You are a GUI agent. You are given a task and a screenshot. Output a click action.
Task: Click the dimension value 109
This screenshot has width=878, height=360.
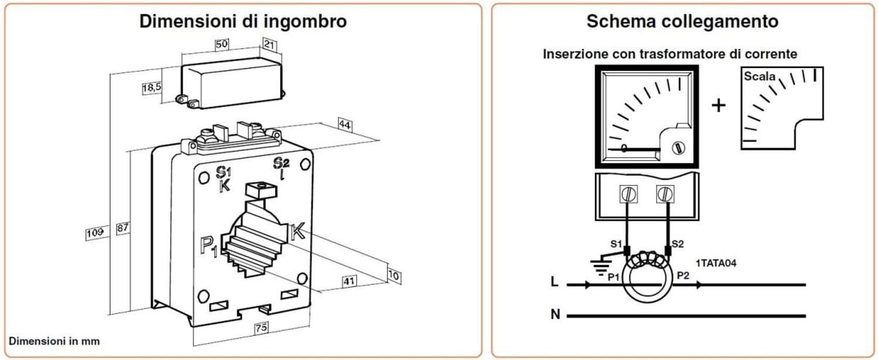pyautogui.click(x=95, y=232)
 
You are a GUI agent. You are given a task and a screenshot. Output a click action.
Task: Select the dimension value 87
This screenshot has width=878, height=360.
pyautogui.click(x=122, y=229)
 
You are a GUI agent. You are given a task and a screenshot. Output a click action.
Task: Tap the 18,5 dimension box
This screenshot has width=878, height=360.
pyautogui.click(x=151, y=88)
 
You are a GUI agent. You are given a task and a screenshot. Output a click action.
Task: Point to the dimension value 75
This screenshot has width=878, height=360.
pyautogui.click(x=260, y=329)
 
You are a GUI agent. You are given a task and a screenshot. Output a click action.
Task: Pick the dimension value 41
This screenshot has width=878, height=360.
pyautogui.click(x=349, y=282)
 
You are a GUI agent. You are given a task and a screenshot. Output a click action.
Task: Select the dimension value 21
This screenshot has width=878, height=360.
pyautogui.click(x=270, y=44)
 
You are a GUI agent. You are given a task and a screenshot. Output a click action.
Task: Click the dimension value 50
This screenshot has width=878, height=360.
pyautogui.click(x=221, y=44)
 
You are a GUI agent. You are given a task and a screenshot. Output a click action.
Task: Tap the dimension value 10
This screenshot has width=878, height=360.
pyautogui.click(x=394, y=275)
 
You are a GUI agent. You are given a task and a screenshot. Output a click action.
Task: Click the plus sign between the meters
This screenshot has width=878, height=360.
pyautogui.click(x=718, y=105)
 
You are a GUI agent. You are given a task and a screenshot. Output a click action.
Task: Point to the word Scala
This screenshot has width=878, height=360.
pyautogui.click(x=759, y=77)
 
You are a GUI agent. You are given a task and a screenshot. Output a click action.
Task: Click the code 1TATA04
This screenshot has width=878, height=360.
pyautogui.click(x=716, y=263)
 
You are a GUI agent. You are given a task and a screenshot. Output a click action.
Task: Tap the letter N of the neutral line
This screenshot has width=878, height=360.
pyautogui.click(x=555, y=315)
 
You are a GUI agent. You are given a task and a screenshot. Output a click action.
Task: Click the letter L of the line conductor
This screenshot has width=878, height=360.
pyautogui.click(x=554, y=283)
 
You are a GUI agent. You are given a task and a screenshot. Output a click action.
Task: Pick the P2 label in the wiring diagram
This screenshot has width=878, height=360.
pyautogui.click(x=683, y=275)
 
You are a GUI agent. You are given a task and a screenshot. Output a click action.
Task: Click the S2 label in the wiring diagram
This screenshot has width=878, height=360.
pyautogui.click(x=677, y=244)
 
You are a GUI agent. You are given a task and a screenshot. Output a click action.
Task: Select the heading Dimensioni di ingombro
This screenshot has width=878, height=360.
pyautogui.click(x=243, y=22)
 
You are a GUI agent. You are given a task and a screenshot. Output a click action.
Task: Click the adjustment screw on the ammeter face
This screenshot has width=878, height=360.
pyautogui.click(x=678, y=148)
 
